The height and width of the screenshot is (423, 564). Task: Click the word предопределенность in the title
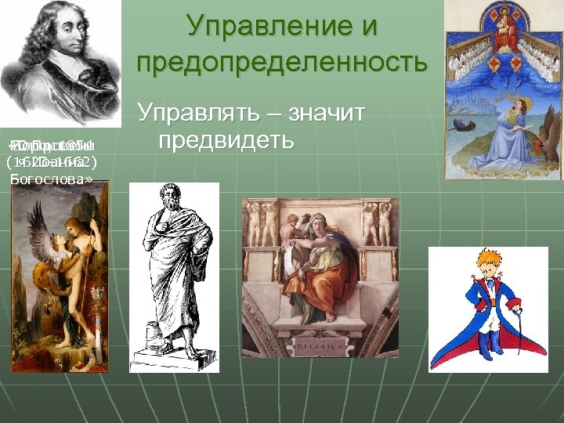[x=283, y=61]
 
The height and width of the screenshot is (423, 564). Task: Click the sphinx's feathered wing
[x=39, y=235]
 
